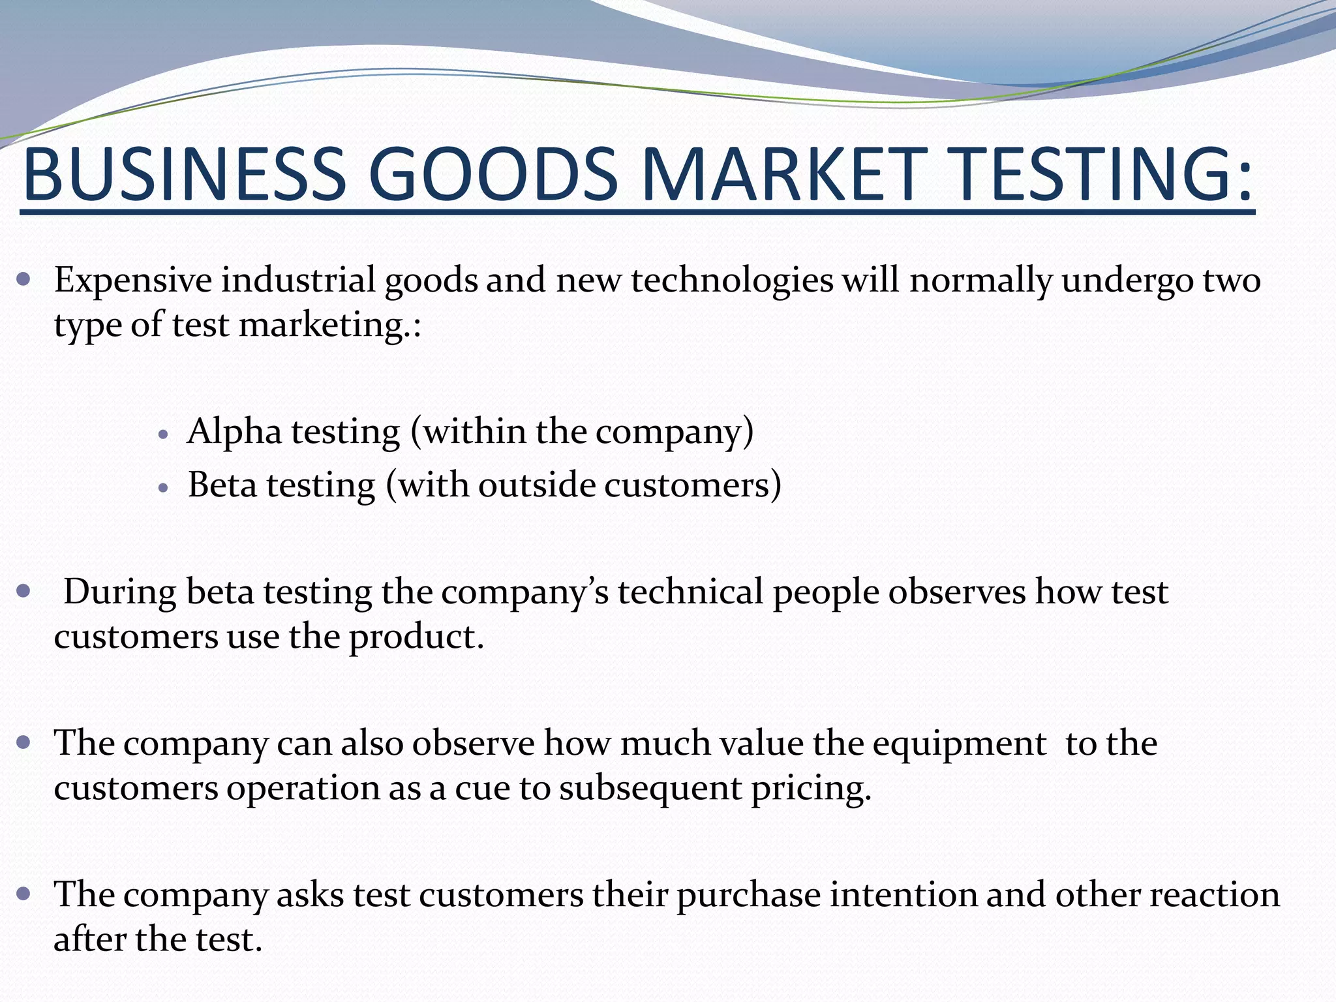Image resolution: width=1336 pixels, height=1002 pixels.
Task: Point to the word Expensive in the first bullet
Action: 133,281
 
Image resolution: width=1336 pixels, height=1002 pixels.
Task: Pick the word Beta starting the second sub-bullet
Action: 222,485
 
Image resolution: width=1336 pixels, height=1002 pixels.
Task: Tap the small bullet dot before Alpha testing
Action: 164,434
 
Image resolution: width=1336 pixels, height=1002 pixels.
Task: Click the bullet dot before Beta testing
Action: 164,487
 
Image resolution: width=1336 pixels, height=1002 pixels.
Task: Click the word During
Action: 120,592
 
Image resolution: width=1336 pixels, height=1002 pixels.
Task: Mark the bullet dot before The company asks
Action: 24,894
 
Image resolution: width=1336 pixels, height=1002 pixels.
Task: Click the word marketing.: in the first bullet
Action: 330,325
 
